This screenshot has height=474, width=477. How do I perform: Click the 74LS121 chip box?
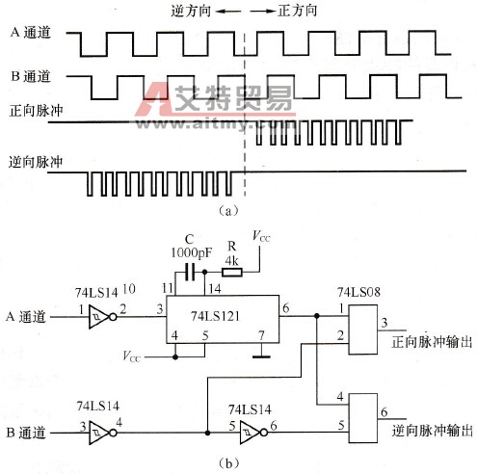[x=223, y=314]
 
